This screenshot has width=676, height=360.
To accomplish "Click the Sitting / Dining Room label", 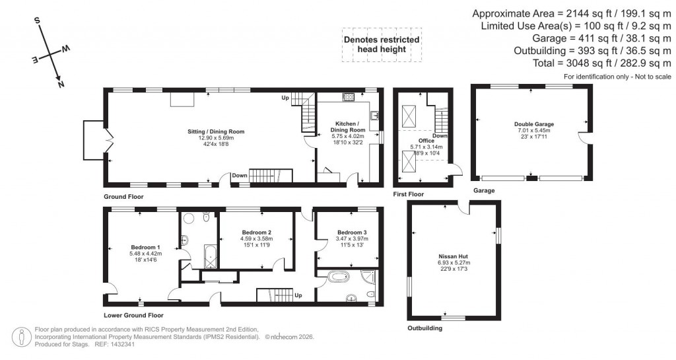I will click(x=216, y=131).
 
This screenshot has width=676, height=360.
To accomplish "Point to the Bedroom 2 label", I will click(x=257, y=232).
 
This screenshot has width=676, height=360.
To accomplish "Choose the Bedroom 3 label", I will click(x=351, y=233).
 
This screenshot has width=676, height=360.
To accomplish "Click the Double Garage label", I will click(x=534, y=124).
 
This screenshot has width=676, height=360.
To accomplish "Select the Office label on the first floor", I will click(x=426, y=140).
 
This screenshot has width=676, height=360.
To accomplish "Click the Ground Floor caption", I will click(x=123, y=197).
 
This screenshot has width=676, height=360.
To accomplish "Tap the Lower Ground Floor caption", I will click(x=133, y=316).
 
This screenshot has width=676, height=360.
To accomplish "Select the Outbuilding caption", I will click(x=424, y=328).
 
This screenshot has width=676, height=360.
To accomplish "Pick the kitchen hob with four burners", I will click(x=349, y=96).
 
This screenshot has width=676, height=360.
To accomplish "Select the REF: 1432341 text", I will click(x=115, y=344).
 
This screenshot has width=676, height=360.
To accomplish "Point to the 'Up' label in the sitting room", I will click(x=285, y=98).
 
